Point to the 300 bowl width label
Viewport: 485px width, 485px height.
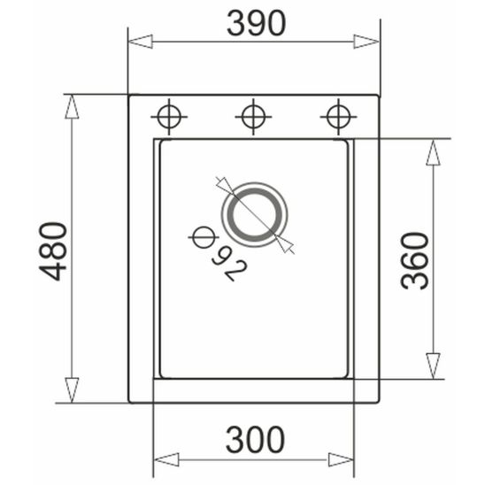[x=255, y=438]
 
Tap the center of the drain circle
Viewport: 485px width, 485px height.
[x=255, y=213]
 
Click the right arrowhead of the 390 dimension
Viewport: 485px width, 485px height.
[x=367, y=41]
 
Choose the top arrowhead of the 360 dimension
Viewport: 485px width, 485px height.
[x=433, y=151]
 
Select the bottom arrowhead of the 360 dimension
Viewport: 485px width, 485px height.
[x=433, y=366]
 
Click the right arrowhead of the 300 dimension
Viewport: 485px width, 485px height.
[x=342, y=459]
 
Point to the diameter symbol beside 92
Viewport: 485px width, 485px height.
[x=203, y=237]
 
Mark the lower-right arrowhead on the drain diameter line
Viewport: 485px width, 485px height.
[x=285, y=242]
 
